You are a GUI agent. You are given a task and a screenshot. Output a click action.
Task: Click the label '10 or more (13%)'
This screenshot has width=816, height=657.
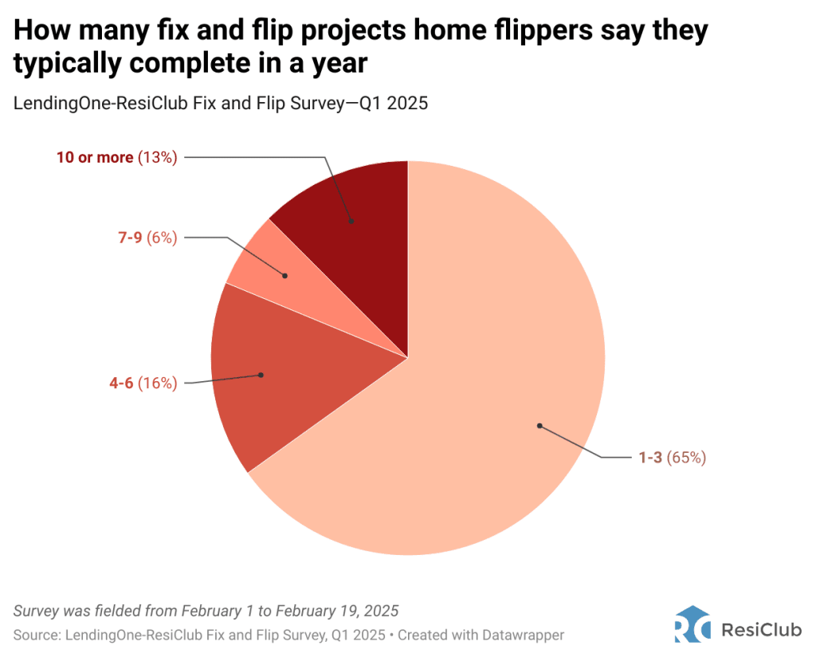(x=116, y=158)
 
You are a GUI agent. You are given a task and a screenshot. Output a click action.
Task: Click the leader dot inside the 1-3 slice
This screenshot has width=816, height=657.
(x=539, y=426)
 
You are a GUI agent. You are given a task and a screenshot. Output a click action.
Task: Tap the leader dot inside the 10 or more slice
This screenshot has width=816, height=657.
(x=351, y=220)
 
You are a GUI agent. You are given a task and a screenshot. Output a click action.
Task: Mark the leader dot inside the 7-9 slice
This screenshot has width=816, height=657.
(x=285, y=276)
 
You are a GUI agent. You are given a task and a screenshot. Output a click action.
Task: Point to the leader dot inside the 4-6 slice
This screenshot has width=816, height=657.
(x=261, y=374)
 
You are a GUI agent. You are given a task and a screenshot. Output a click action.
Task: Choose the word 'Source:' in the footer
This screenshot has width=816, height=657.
(x=36, y=635)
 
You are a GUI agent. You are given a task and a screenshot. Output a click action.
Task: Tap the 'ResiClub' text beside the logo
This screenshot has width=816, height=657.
(x=761, y=630)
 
